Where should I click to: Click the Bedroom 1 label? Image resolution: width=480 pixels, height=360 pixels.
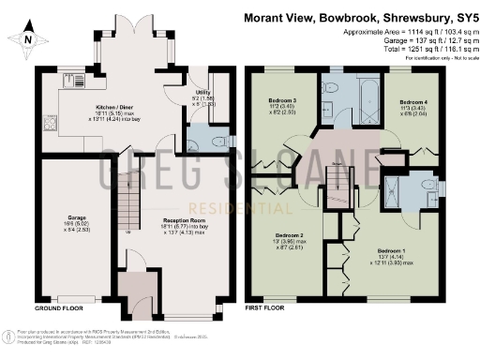click(393, 252)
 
